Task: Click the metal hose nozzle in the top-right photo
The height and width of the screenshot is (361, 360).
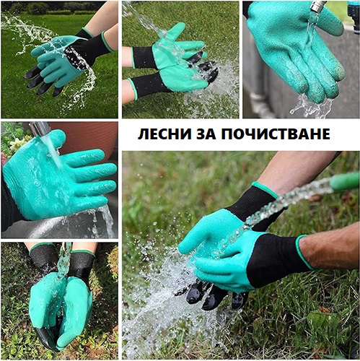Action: click(318, 6)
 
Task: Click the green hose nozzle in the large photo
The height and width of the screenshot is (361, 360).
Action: click(345, 181)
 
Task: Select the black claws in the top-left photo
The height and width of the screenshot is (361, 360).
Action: click(41, 82)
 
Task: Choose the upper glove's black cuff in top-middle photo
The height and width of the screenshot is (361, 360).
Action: click(144, 58)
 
